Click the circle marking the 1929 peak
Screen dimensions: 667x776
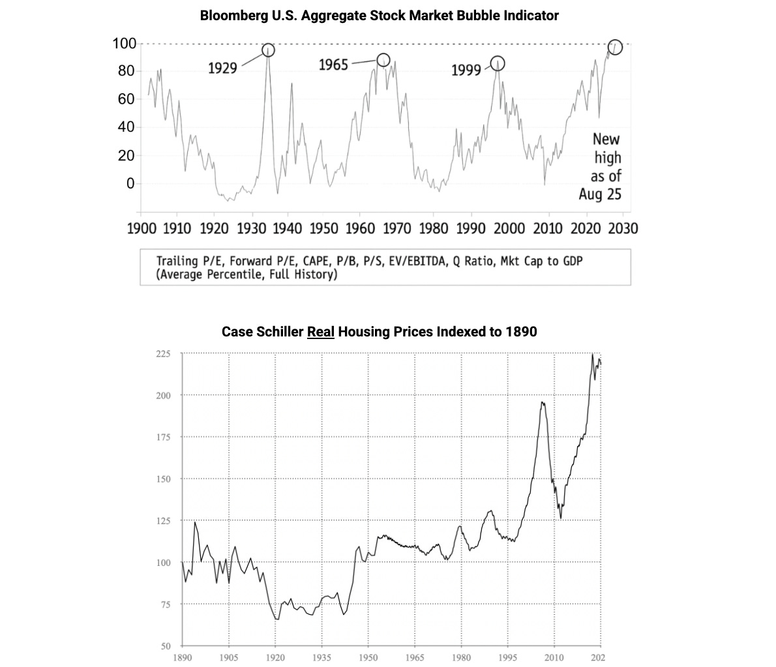[x=268, y=50]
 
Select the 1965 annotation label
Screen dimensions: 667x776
[x=333, y=65]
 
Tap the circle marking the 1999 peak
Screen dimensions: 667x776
[x=498, y=63]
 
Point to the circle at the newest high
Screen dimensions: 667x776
[x=615, y=47]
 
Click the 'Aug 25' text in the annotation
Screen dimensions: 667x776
[x=600, y=194]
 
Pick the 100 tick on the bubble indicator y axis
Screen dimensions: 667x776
[x=124, y=44]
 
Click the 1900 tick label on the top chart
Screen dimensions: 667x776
[x=142, y=228]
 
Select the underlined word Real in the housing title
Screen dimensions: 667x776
[x=321, y=331]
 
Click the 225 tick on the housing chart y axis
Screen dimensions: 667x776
[x=163, y=354]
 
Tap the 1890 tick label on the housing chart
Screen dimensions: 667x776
[x=182, y=657]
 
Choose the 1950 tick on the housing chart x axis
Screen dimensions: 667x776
[x=368, y=657]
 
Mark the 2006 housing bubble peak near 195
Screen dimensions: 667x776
[x=542, y=402]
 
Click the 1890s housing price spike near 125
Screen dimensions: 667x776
[x=195, y=522]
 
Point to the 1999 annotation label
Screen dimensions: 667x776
[x=466, y=70]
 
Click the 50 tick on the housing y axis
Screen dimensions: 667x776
[x=166, y=646]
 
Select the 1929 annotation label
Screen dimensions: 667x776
[x=222, y=68]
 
